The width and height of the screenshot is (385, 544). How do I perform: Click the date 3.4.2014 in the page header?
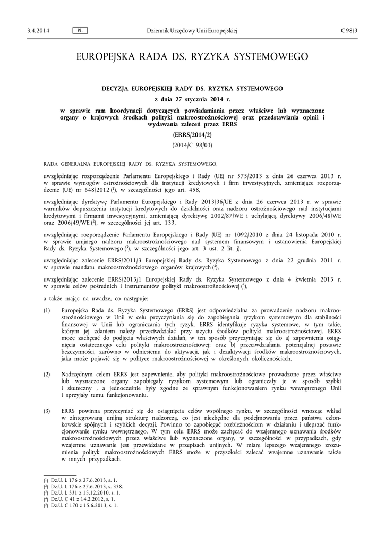click(x=38, y=30)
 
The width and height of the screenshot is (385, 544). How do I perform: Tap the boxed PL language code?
click(x=79, y=30)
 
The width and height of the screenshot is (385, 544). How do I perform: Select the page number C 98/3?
click(x=349, y=30)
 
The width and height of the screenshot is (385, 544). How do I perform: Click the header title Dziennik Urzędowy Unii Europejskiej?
click(x=192, y=30)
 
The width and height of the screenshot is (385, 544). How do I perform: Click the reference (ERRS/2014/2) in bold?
click(x=192, y=135)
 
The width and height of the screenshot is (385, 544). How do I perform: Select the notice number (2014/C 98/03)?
click(x=192, y=144)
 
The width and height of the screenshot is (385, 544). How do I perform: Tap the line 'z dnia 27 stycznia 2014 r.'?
click(x=192, y=99)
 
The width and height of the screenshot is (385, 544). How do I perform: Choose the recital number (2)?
click(x=47, y=375)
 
